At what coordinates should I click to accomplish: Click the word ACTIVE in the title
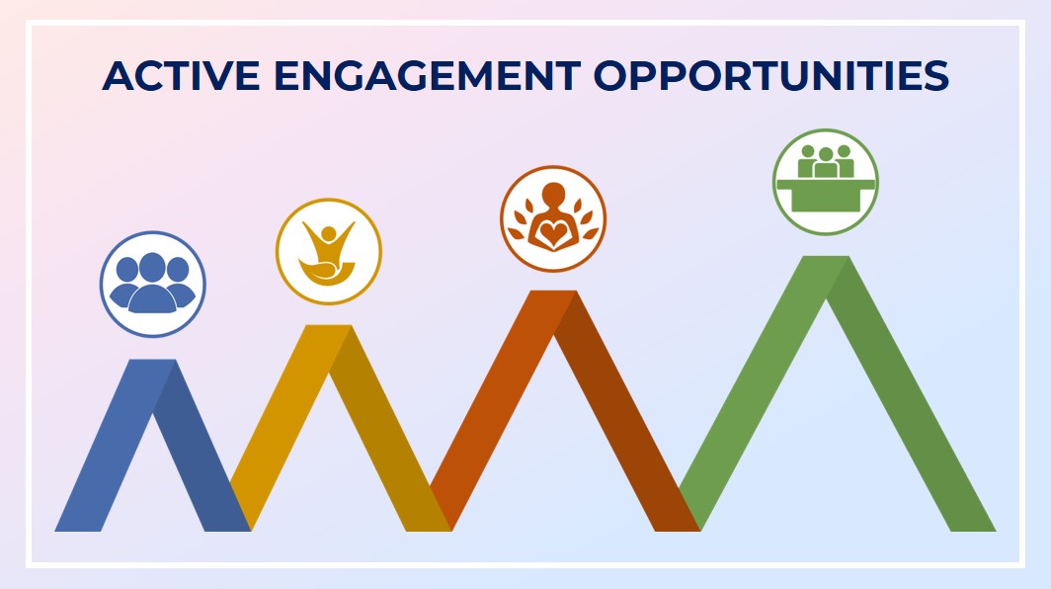point(181,75)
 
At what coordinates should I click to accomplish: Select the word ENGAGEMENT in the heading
point(427,75)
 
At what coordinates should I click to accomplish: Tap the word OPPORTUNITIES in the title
point(770,75)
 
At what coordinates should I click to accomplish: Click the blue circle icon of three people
point(153,284)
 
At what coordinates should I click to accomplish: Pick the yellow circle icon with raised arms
point(328,252)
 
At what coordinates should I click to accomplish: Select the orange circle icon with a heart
point(553,218)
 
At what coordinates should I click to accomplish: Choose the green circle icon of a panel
point(825,182)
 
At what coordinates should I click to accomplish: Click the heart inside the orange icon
point(553,234)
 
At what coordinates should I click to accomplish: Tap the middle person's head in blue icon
point(152,266)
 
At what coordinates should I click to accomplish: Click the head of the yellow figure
point(328,234)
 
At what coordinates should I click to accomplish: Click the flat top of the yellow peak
point(328,327)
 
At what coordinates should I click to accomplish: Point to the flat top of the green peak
point(826,258)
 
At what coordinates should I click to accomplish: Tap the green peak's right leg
point(912,396)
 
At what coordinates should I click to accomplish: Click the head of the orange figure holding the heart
point(553,195)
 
